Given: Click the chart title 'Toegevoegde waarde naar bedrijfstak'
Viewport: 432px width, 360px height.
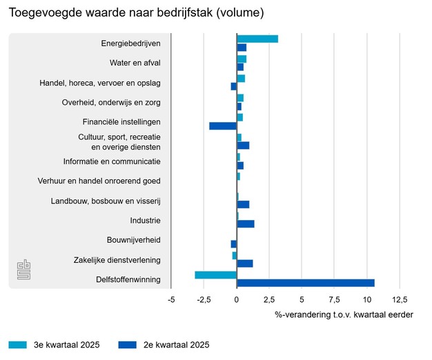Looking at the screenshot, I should click(x=136, y=13).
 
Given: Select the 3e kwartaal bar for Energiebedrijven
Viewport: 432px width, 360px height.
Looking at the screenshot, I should click(x=257, y=39).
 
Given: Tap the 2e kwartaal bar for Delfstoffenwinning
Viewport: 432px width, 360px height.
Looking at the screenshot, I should click(x=306, y=283).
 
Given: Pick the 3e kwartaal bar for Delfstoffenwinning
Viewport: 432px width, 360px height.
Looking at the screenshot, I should click(x=216, y=274).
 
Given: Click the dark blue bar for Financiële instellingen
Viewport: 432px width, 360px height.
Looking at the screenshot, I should click(x=223, y=126).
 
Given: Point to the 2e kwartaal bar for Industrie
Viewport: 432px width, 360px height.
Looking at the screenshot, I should click(x=246, y=223).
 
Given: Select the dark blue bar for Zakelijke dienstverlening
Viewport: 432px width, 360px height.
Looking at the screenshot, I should click(x=245, y=263).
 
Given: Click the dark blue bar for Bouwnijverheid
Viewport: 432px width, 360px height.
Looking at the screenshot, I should click(x=234, y=243).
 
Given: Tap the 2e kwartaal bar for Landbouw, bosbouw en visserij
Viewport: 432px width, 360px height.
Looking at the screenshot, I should click(x=243, y=204).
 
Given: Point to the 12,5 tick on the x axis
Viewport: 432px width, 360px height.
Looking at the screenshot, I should click(x=400, y=299).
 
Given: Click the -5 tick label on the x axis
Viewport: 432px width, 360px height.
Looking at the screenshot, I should click(x=171, y=299).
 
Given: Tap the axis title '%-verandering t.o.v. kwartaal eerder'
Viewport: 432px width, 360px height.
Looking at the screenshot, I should click(x=344, y=314).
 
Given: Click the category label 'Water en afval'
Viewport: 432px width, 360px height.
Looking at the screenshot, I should click(x=135, y=63).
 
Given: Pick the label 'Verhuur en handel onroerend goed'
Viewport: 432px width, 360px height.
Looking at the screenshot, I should click(x=99, y=181).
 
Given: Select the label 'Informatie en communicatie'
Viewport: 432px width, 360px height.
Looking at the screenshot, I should click(x=112, y=161).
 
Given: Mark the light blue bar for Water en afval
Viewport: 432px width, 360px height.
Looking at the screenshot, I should click(x=242, y=59).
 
